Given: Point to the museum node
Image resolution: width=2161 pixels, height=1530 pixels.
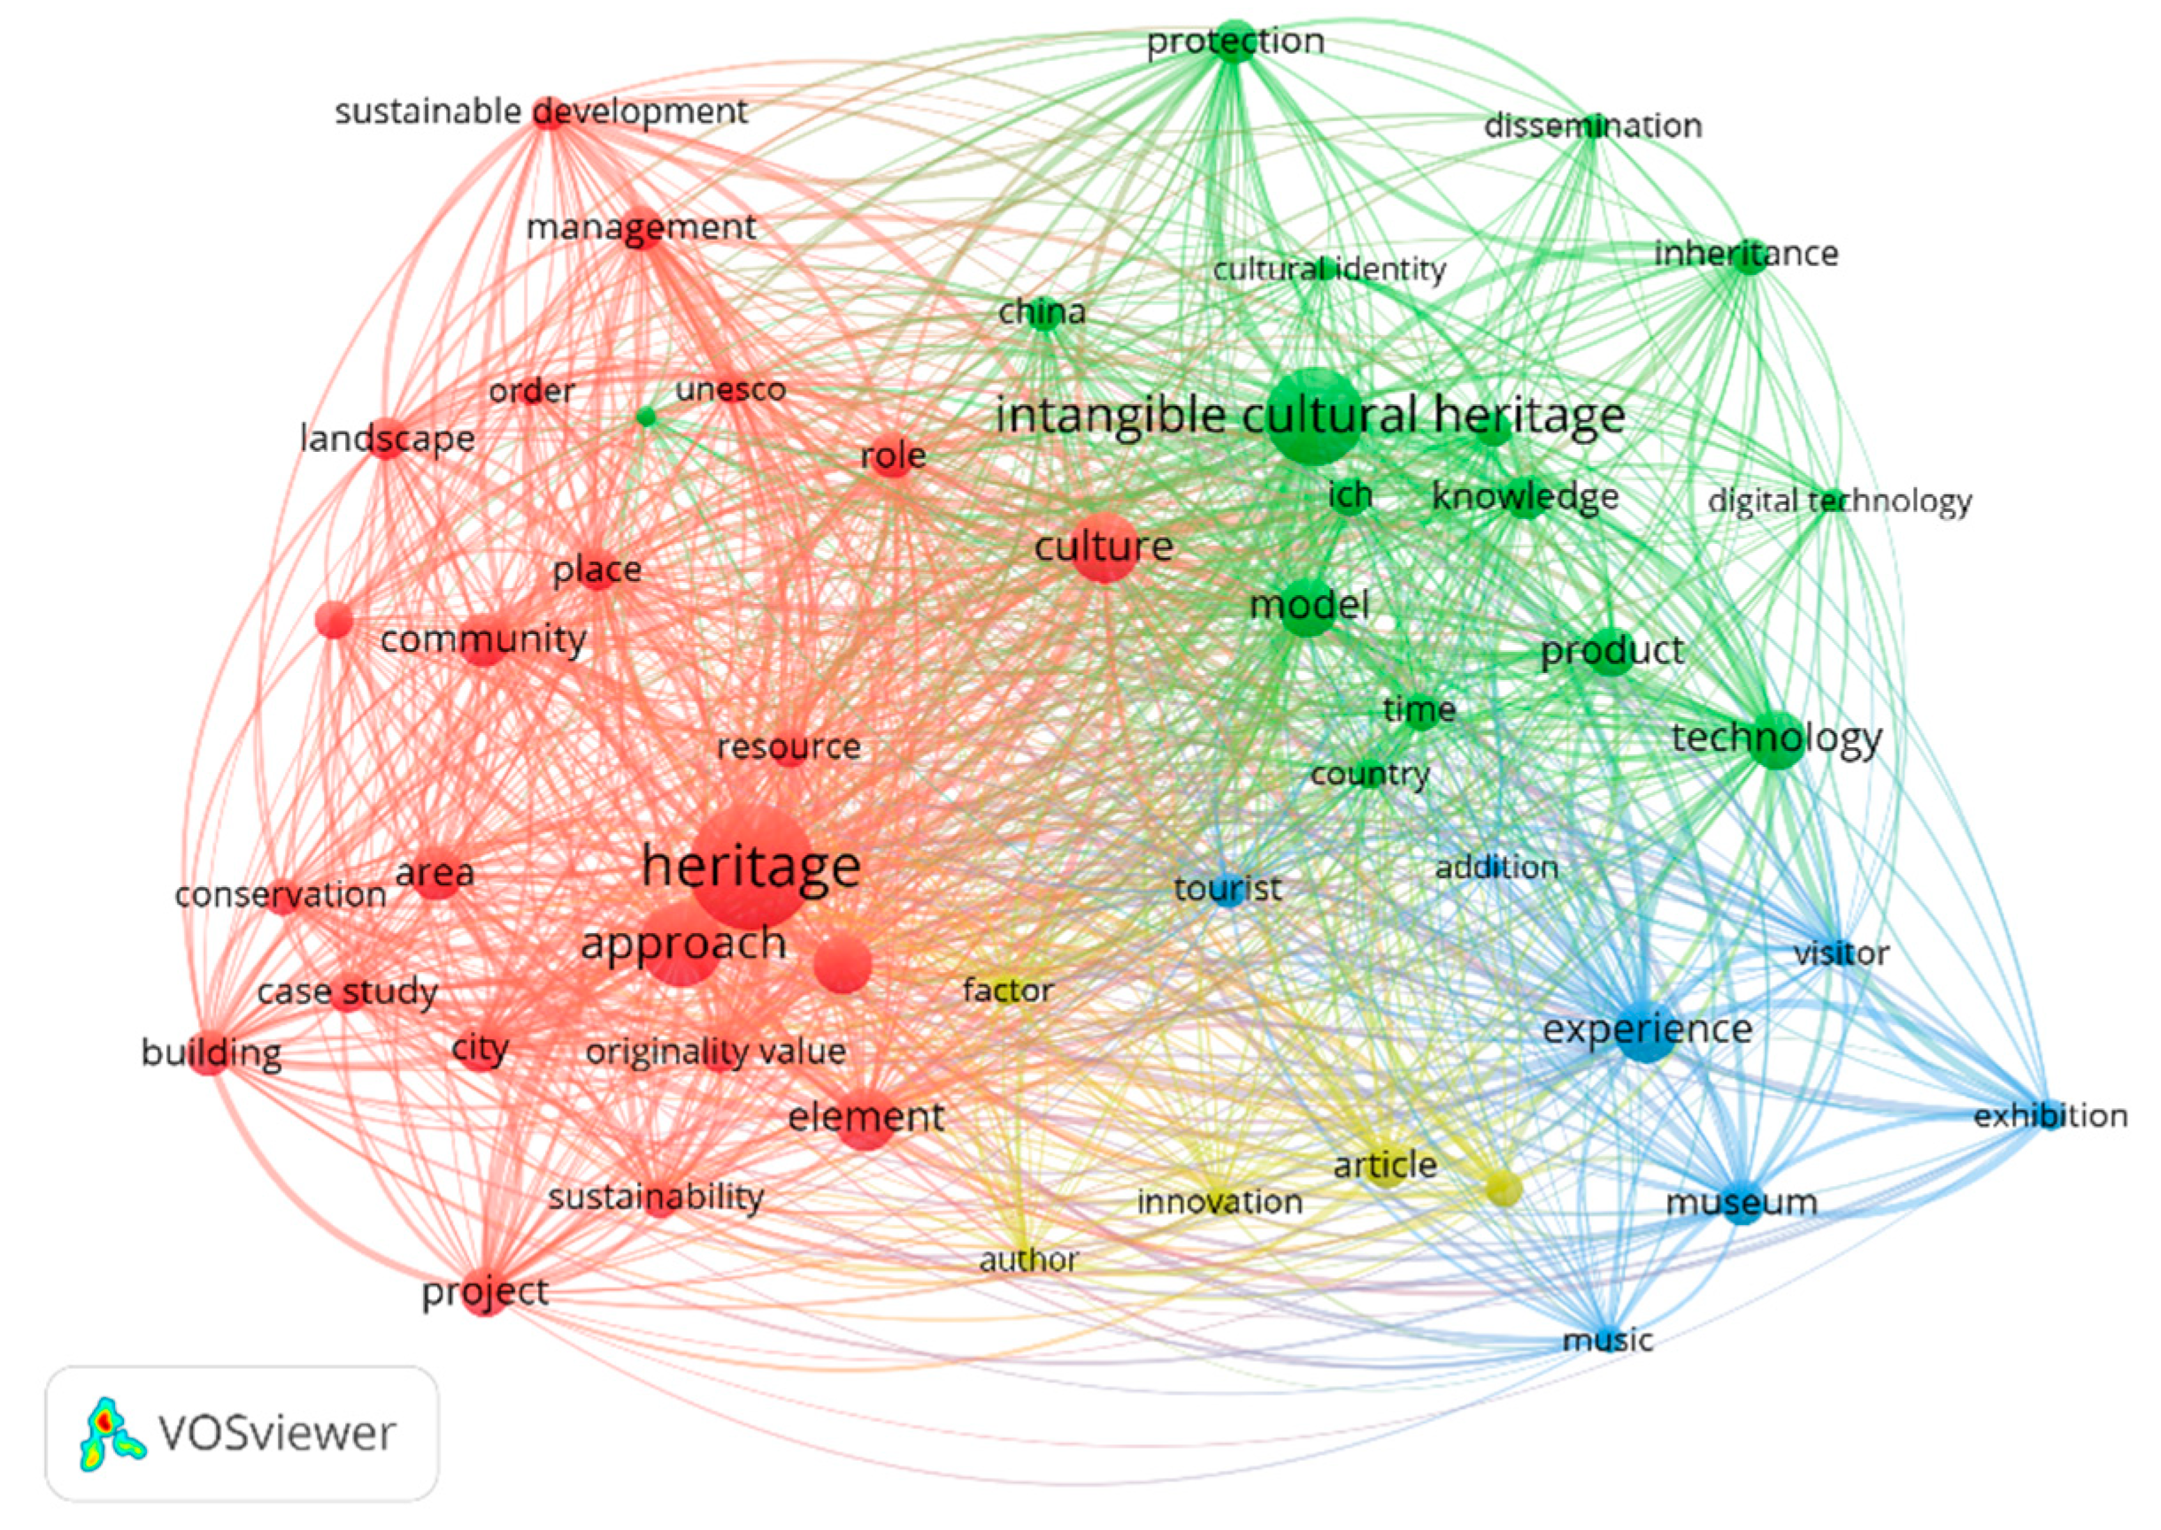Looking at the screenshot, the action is click(1742, 1203).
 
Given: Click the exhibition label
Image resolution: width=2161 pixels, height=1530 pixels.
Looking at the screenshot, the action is click(2049, 1116).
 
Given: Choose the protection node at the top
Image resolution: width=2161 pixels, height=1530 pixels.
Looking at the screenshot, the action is click(1234, 42).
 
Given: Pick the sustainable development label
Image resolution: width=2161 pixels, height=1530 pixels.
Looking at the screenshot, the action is click(541, 112).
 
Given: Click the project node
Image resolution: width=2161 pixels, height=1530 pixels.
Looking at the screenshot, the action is click(484, 1294).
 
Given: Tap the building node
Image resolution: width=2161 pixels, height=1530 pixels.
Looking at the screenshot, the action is click(211, 1053).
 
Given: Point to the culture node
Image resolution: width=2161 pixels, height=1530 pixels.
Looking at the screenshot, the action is click(1104, 547).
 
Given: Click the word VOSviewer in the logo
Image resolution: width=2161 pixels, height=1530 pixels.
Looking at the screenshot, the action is click(277, 1433).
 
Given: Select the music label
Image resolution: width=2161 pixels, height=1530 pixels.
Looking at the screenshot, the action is click(1608, 1340).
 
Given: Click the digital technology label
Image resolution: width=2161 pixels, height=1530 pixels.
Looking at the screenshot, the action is click(1839, 501).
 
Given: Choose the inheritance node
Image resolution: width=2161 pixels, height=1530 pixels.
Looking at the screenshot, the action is click(1750, 255).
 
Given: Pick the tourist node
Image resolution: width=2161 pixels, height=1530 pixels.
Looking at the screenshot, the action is click(1228, 889).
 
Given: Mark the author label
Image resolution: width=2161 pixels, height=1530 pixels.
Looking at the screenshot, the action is click(1028, 1259).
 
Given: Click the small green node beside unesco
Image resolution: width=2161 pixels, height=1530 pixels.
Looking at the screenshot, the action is click(646, 417).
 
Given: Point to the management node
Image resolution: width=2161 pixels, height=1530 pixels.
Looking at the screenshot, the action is click(641, 228).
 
